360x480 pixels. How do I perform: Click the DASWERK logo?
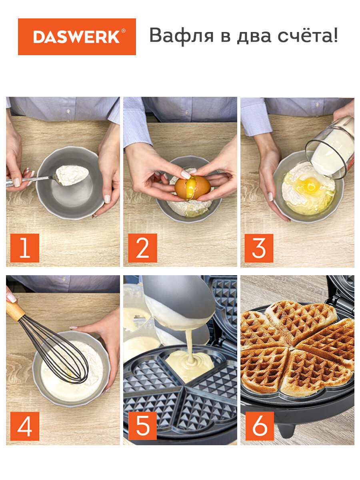(77, 37)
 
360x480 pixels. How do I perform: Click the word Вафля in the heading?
(182, 36)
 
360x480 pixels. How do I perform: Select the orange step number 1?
(25, 248)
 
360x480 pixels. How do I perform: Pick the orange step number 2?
(142, 248)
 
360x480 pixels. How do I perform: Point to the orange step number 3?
(259, 248)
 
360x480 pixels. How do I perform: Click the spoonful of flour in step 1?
(72, 175)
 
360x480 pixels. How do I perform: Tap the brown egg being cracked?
(192, 188)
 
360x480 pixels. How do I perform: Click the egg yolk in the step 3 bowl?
(310, 186)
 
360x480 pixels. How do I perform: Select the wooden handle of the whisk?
(15, 311)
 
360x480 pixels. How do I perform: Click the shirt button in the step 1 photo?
(69, 111)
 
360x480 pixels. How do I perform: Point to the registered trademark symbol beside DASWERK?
(124, 31)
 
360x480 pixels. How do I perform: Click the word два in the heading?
(254, 36)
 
